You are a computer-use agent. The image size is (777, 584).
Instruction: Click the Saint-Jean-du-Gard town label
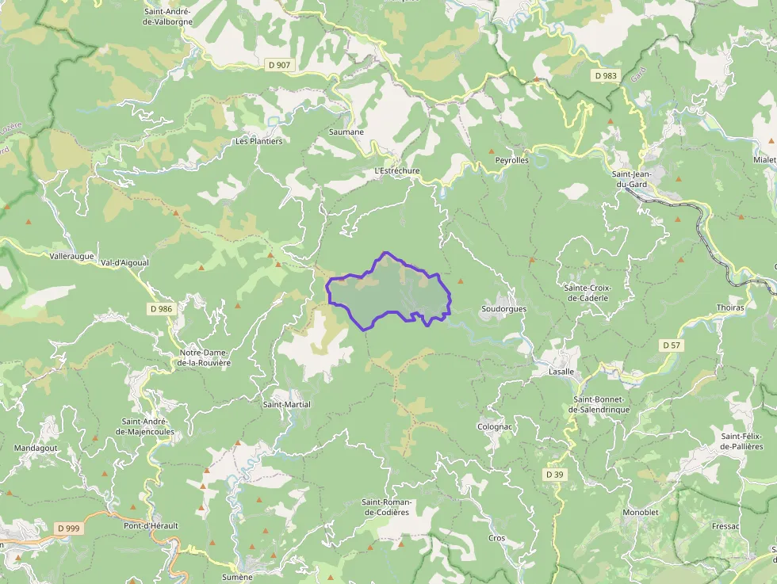click(632, 179)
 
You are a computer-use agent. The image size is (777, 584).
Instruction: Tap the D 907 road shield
click(278, 65)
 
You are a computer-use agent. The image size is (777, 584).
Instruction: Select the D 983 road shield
click(605, 75)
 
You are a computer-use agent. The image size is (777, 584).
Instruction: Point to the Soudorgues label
click(503, 309)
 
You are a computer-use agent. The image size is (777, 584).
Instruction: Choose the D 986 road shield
click(159, 307)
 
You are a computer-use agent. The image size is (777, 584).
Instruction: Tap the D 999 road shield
click(69, 528)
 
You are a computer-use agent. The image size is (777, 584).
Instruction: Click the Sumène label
click(237, 577)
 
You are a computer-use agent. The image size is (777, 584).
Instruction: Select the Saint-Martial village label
click(286, 404)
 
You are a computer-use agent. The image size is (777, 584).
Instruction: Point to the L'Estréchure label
click(396, 171)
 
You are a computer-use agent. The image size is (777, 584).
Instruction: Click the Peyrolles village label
click(511, 160)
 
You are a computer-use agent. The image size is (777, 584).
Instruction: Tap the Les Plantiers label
click(258, 141)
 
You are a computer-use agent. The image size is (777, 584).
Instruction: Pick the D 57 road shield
click(671, 345)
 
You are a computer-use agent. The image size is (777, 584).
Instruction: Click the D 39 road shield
click(555, 474)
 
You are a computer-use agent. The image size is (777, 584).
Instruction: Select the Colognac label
click(496, 426)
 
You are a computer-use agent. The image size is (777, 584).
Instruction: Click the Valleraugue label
click(71, 257)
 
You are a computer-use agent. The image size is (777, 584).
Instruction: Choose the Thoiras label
click(729, 307)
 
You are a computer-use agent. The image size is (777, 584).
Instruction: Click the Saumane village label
click(346, 132)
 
